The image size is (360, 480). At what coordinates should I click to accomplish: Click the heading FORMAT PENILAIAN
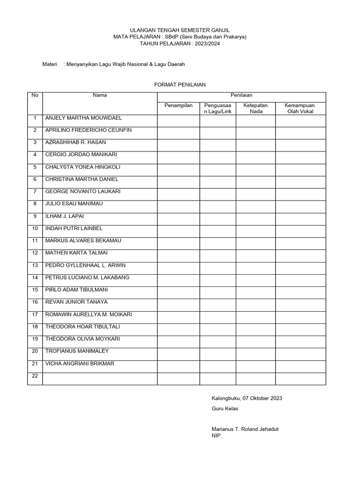point(180,84)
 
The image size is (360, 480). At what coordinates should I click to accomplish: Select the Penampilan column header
point(179,105)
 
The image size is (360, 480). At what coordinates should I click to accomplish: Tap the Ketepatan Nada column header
point(255,108)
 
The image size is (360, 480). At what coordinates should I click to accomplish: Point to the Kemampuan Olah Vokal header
point(300,108)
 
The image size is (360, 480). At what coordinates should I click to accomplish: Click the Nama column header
point(100,95)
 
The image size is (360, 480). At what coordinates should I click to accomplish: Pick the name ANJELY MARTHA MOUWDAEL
point(83,118)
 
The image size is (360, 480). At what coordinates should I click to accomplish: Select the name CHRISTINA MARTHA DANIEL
point(82,179)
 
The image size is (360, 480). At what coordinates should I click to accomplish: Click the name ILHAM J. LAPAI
point(64,216)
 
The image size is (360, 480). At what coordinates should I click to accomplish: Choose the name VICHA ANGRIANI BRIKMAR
point(79,363)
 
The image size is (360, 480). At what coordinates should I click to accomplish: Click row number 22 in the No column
point(35,375)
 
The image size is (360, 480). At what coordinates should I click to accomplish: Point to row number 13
point(35,265)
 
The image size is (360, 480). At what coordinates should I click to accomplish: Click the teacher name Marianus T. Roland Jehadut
point(245,429)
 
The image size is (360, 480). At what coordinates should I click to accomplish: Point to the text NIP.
point(217,435)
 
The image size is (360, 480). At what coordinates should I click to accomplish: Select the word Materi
point(50,65)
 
